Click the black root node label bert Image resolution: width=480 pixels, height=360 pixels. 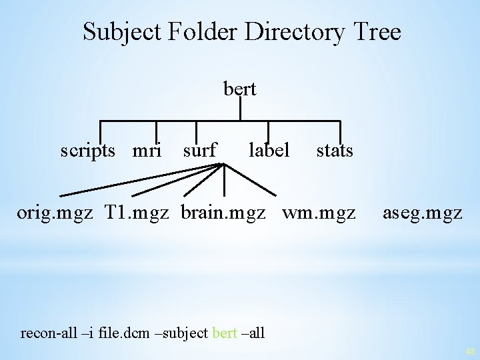(x=240, y=89)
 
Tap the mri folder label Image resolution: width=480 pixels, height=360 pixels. (x=147, y=150)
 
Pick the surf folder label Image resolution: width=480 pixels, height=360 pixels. (x=200, y=150)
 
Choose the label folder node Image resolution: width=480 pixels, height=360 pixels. (x=269, y=150)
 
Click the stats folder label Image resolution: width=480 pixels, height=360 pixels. (x=334, y=150)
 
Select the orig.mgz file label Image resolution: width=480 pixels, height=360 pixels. (x=57, y=213)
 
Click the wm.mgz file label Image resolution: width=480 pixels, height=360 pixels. (x=319, y=213)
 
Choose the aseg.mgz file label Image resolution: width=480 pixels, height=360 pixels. (x=422, y=213)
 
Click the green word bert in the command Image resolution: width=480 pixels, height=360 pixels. (x=225, y=332)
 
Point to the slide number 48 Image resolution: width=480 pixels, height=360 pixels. (x=469, y=351)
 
